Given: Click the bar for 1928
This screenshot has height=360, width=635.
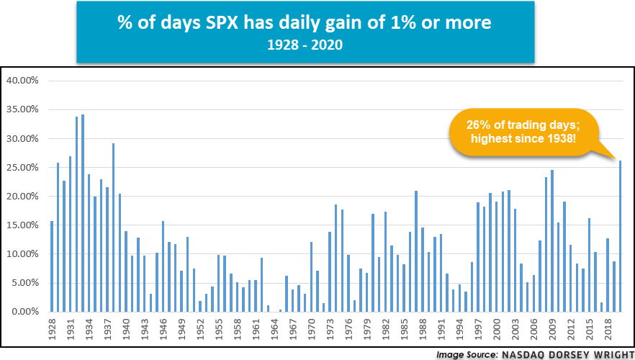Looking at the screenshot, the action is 52,266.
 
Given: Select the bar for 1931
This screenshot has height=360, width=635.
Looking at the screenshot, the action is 71,234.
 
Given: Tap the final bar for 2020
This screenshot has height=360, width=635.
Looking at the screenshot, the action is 621,236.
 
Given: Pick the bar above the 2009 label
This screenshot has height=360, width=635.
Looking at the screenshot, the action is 552,241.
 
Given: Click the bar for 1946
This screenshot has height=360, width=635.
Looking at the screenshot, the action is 163,266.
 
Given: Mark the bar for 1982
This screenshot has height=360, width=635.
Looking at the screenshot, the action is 386,261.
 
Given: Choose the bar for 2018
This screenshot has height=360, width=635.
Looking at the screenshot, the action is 608,275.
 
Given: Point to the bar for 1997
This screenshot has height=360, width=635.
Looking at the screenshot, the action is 478,257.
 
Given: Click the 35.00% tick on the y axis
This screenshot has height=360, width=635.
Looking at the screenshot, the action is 23,109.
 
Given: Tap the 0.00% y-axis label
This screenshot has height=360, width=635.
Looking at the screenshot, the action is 24,312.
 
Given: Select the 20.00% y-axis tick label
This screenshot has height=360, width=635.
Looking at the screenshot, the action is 23,196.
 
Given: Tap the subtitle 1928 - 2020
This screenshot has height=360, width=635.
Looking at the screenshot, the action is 305,45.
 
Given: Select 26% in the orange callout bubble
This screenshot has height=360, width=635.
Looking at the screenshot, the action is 476,125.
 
